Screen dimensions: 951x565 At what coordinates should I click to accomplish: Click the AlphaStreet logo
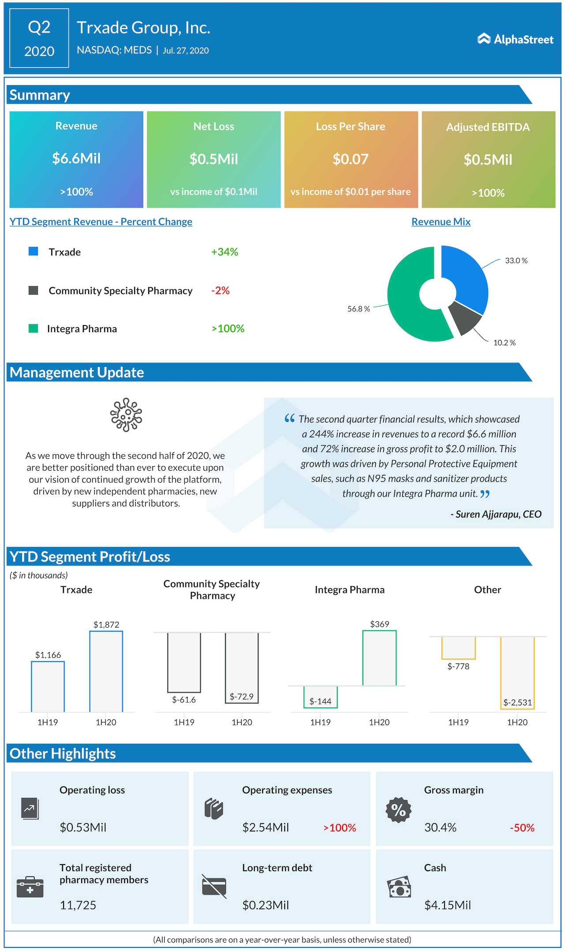click(515, 39)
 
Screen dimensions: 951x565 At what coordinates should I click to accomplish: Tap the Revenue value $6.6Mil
click(76, 158)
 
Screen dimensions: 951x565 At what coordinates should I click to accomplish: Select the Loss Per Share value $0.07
click(350, 159)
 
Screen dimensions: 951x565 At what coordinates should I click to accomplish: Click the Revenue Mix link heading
click(441, 221)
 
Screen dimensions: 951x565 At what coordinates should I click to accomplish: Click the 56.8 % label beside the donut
click(358, 309)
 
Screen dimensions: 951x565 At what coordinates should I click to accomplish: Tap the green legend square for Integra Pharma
click(33, 328)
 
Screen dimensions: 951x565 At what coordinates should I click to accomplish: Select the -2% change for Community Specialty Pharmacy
click(220, 290)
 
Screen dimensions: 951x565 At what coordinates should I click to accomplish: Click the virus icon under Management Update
click(126, 415)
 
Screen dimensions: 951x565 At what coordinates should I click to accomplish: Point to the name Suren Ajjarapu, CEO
click(496, 514)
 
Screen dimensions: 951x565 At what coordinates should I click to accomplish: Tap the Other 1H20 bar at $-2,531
click(517, 673)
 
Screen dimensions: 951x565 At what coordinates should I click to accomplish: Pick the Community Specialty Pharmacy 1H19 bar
click(184, 662)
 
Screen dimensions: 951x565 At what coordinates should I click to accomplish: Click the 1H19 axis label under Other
click(458, 722)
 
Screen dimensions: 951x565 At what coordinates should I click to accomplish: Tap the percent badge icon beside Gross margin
click(398, 810)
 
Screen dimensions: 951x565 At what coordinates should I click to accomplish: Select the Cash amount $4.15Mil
click(448, 905)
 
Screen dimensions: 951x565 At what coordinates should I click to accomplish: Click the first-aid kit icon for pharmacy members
click(30, 887)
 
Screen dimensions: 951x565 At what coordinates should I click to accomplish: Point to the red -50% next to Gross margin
click(522, 827)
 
